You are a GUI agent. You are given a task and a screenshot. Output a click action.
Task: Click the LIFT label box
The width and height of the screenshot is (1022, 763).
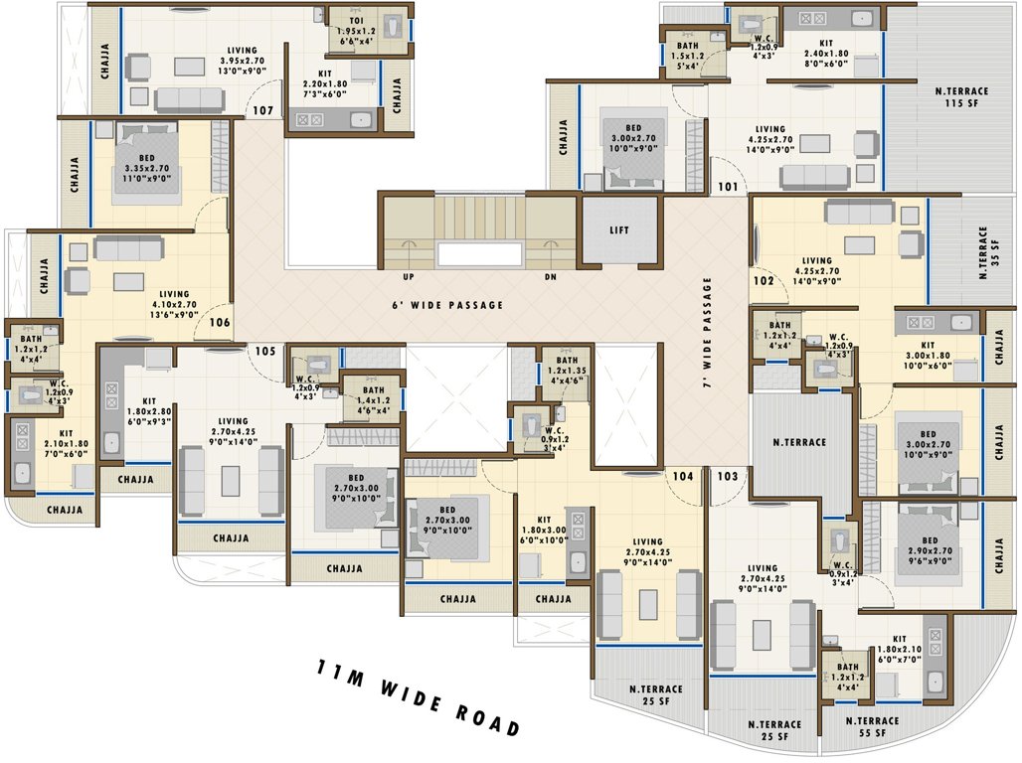(x=619, y=230)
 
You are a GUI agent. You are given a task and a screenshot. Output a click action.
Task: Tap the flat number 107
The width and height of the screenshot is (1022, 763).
(x=262, y=110)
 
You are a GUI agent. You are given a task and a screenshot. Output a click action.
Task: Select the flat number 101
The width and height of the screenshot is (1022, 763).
(x=729, y=186)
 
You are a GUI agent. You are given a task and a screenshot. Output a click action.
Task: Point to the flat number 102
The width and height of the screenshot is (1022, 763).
(x=763, y=281)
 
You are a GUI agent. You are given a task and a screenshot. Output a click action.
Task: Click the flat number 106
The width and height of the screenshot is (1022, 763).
(x=219, y=322)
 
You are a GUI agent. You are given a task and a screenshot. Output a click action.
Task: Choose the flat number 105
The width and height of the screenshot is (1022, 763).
(x=263, y=350)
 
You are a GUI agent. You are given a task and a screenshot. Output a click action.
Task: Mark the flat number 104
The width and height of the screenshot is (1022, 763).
(x=682, y=476)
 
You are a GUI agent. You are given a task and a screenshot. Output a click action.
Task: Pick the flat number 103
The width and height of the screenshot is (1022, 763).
(x=728, y=476)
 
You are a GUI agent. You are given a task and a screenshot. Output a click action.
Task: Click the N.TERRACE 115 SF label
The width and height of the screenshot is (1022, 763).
(x=960, y=97)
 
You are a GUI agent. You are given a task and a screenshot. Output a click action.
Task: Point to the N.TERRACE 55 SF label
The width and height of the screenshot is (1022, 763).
(x=872, y=728)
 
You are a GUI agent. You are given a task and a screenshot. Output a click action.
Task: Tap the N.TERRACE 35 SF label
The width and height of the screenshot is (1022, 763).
(x=988, y=254)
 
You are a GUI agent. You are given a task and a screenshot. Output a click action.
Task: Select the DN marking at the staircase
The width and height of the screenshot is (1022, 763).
(x=550, y=277)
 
